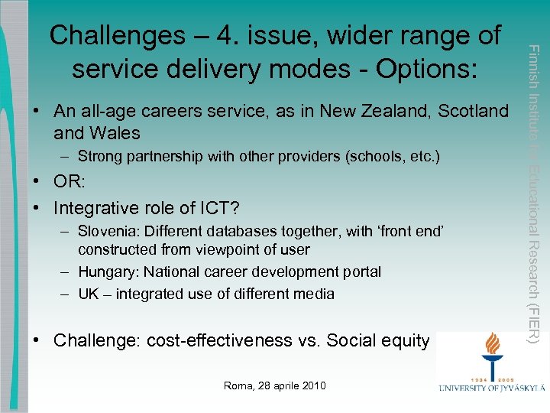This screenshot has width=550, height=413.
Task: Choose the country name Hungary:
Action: (105, 272)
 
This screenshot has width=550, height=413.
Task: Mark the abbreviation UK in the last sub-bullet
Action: (88, 294)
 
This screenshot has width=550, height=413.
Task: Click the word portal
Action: (360, 272)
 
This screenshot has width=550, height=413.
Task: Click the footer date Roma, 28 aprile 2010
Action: (275, 385)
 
